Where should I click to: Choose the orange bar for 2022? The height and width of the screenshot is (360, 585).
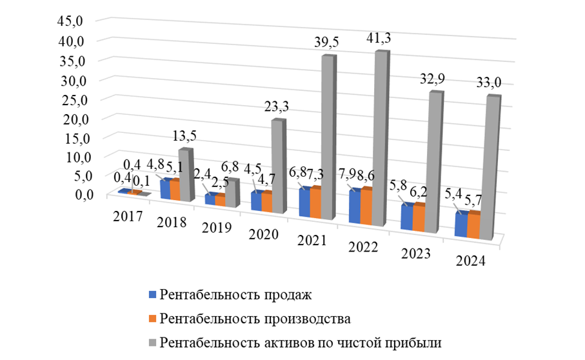click(x=367, y=207)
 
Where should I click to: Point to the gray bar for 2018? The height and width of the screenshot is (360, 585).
click(x=184, y=174)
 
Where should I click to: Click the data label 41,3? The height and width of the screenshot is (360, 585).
click(x=379, y=40)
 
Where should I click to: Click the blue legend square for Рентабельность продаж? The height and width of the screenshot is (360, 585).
click(x=152, y=295)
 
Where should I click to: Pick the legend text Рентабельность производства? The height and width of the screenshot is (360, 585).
click(x=255, y=318)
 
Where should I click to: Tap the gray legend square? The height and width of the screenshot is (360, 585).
click(x=152, y=341)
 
